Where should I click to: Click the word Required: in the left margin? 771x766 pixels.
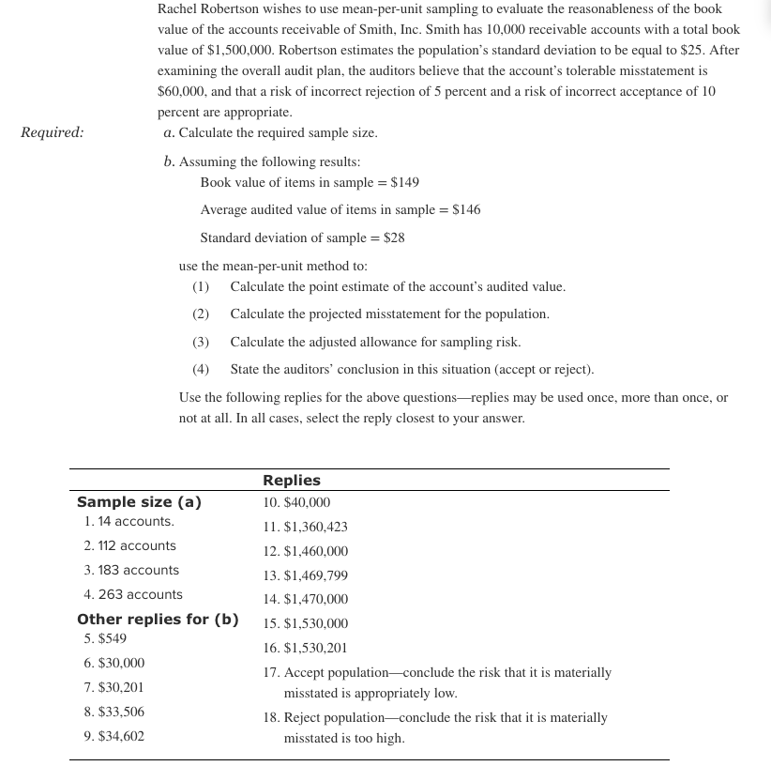(52, 132)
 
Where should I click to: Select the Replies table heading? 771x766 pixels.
(291, 480)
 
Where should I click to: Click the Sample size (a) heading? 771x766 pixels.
(139, 502)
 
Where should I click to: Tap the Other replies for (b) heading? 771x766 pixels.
(158, 620)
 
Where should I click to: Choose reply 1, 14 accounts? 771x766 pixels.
(128, 521)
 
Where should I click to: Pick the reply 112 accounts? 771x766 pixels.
(129, 545)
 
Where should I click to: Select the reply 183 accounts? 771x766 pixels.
(131, 570)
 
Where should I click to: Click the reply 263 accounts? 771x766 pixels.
(133, 594)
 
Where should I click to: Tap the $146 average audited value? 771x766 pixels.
(466, 210)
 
